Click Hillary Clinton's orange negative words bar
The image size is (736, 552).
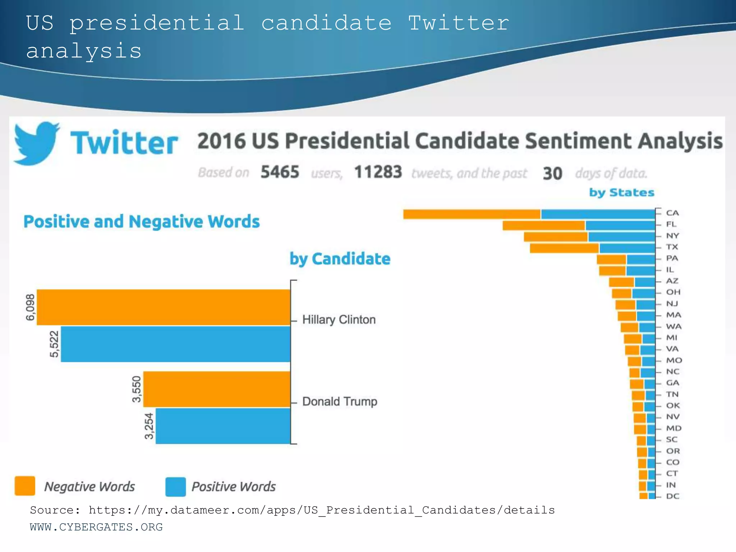point(164,307)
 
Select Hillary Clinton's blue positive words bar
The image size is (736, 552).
point(175,344)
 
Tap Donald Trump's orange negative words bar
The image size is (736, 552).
point(217,389)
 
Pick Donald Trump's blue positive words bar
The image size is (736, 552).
point(223,426)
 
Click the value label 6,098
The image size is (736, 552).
point(30,307)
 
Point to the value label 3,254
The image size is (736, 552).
point(149,426)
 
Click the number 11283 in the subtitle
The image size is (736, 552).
point(378,172)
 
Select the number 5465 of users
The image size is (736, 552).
point(280,172)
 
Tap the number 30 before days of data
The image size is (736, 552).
point(552,174)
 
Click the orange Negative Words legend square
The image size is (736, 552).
point(25,486)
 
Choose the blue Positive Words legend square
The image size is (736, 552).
point(175,487)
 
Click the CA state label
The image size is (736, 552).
point(672,213)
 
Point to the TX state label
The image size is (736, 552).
point(672,247)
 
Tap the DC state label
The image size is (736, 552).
point(672,496)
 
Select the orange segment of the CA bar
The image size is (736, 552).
point(472,214)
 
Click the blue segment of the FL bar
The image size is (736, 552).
point(620,225)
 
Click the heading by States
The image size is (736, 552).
point(621,193)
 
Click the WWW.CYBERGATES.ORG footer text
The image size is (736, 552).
point(96,527)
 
